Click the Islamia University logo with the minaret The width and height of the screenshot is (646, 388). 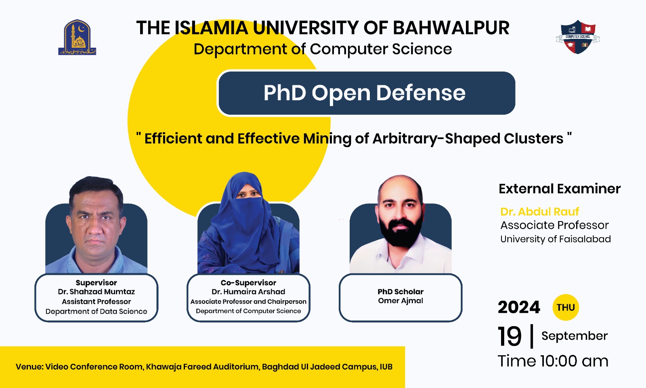[x=77, y=38]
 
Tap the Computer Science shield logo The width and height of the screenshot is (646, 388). [x=578, y=37]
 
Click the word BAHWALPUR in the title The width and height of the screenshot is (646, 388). [x=451, y=28]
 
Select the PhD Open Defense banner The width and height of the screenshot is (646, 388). [x=366, y=93]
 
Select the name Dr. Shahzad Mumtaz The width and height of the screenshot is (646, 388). [x=96, y=292]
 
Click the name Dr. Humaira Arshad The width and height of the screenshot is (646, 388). [x=248, y=292]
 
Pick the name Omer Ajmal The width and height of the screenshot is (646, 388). [x=401, y=301]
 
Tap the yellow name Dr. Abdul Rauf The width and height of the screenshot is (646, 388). [x=539, y=212]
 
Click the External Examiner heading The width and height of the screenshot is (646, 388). [x=559, y=189]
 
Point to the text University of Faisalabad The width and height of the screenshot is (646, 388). [x=555, y=239]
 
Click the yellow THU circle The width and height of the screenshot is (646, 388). [x=566, y=308]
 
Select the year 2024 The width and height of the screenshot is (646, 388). [x=519, y=308]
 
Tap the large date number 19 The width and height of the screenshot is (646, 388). [x=510, y=337]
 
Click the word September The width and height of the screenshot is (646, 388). [x=574, y=336]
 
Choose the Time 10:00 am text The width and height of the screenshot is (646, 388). [x=553, y=361]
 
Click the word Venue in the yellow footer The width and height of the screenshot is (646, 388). [x=29, y=367]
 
